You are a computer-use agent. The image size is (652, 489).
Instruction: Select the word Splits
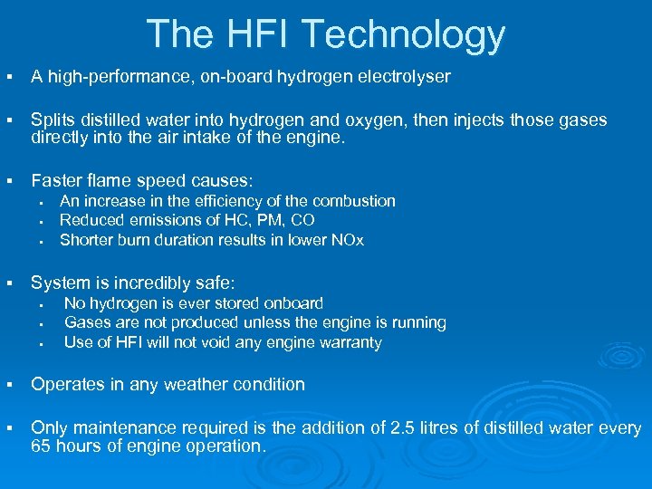coord(51,120)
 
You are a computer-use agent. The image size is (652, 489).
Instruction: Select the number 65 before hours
coord(42,446)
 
